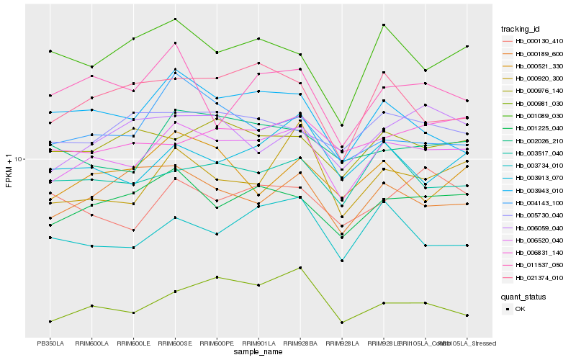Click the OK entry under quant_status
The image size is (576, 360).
(x=520, y=309)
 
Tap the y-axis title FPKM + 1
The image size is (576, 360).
(x=9, y=171)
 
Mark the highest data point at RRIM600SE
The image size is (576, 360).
(x=175, y=19)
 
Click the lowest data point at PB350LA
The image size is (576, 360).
(x=50, y=321)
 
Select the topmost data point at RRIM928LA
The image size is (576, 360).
(x=342, y=125)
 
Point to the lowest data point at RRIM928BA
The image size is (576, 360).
(x=300, y=267)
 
